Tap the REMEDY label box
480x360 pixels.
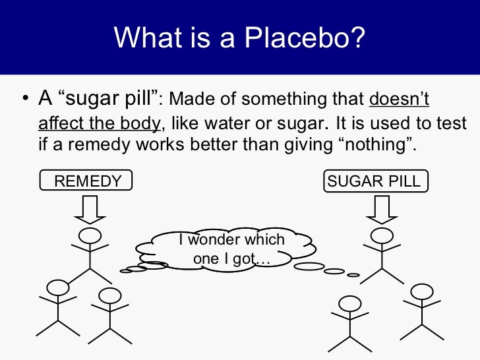click(86, 181)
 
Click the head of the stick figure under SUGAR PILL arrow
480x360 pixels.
click(380, 235)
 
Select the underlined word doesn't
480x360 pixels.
click(399, 100)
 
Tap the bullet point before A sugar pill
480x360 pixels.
click(24, 100)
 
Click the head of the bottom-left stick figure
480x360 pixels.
click(58, 287)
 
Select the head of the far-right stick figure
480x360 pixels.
click(422, 291)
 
